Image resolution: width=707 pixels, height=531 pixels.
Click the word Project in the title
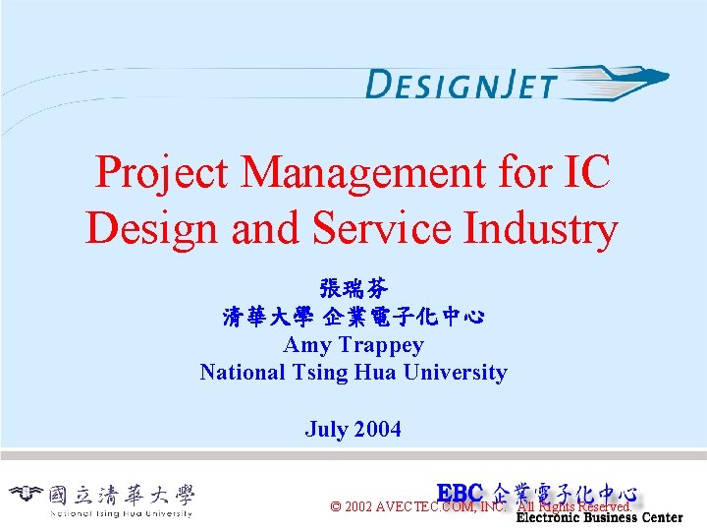point(163,173)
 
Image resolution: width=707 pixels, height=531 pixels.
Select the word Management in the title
point(365,173)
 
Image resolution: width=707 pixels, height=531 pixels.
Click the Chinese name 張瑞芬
point(353,289)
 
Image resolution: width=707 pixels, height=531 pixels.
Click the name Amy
point(307,345)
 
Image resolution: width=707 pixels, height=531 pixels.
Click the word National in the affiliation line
point(243,373)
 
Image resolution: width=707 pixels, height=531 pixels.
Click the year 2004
point(377,430)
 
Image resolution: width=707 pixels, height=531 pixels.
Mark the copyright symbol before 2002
point(336,507)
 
